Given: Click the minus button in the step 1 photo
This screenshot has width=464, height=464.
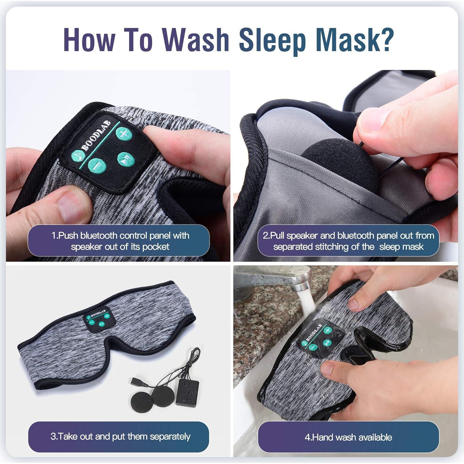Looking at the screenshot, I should [97, 166].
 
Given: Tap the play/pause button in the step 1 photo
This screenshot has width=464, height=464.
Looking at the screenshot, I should [126, 160].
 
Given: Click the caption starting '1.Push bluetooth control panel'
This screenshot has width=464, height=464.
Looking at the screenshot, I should [120, 241].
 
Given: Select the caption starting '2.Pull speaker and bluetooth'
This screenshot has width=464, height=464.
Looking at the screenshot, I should [348, 241].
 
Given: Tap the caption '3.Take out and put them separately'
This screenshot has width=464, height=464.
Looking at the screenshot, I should [120, 436].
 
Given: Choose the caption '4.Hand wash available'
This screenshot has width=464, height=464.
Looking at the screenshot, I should [348, 437].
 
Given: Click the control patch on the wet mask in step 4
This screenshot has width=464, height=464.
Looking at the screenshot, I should [320, 338].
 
